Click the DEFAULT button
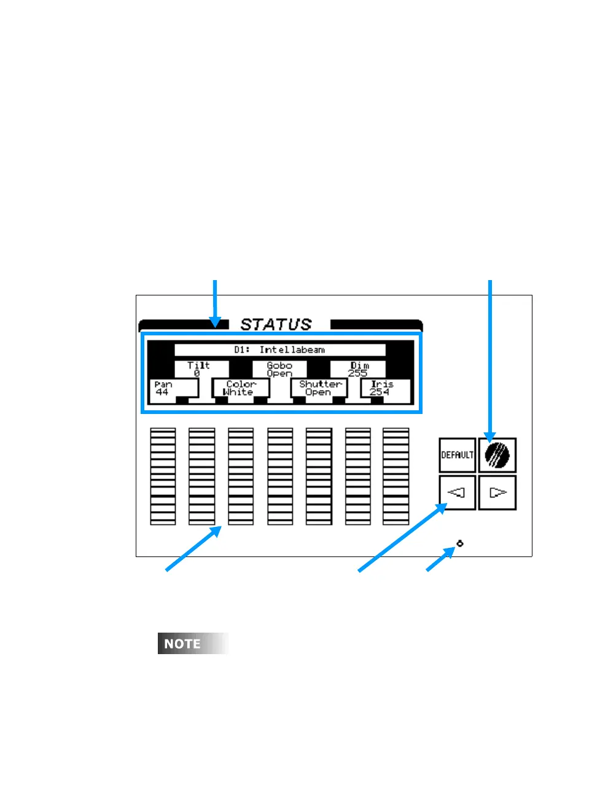pos(457,455)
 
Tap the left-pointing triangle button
pos(457,493)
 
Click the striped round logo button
pos(497,455)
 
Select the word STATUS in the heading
pos(276,324)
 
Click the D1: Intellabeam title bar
pos(279,349)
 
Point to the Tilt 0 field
pos(198,369)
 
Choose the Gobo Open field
pos(279,369)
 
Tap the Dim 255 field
pos(359,369)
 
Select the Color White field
pos(240,388)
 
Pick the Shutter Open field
pos(319,388)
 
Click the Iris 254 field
pos(384,388)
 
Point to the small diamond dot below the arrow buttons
pos(460,544)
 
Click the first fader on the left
pos(163,477)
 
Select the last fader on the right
pos(396,477)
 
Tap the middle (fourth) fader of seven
pos(279,477)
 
